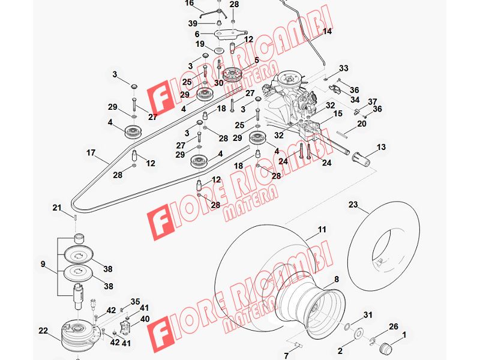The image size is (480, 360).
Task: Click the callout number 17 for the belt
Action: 91,152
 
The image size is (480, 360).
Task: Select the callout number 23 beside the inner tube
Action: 353,204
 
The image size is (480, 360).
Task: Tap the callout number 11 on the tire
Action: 322,229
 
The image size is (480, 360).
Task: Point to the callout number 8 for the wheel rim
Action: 337,279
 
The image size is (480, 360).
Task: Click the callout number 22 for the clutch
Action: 43,331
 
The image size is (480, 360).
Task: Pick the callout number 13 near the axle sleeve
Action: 381,147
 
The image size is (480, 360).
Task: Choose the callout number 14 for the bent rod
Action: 327,31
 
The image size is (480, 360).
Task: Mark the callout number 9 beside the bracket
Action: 43,264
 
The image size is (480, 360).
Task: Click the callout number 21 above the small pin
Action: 57,208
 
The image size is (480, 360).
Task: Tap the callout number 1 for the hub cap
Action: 404,335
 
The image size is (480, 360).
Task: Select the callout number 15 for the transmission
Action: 338,114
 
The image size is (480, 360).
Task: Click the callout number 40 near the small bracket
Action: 145,319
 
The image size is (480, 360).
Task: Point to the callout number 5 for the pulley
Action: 256,60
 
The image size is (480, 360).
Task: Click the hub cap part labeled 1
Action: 385,349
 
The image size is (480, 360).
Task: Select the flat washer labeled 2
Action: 357,333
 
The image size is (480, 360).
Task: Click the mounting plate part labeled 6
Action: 231,34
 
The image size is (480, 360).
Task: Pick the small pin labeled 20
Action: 341,134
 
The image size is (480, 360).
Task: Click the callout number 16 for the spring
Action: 190,3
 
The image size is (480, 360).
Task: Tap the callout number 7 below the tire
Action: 286,356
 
